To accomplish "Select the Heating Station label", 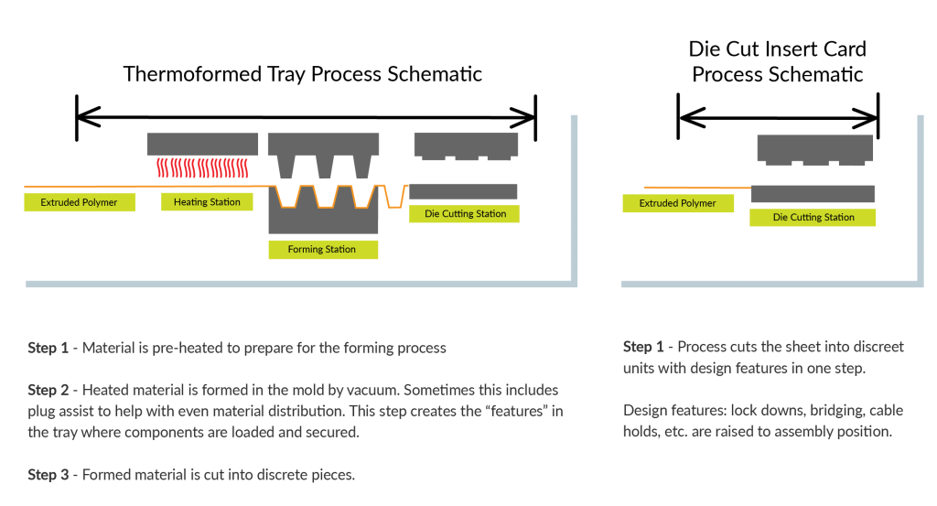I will coord(207,202).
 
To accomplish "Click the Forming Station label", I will coord(322,249).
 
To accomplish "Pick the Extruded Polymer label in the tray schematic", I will coord(79,202).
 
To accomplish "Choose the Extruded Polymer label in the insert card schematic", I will coord(677,203).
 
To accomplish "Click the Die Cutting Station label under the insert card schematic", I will coord(813,217).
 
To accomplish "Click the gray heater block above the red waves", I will coord(201,143).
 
